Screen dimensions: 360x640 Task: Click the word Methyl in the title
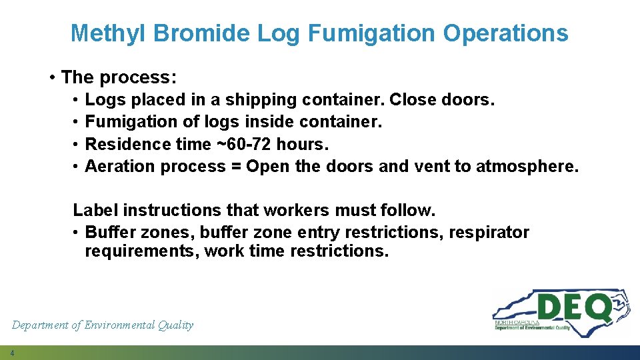(x=109, y=33)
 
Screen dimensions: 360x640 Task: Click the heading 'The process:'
(x=119, y=77)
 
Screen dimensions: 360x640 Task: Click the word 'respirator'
(x=489, y=233)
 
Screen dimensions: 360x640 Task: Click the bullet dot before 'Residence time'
(x=77, y=145)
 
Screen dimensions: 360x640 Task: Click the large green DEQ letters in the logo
(x=573, y=309)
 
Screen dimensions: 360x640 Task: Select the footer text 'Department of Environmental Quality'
(x=103, y=325)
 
